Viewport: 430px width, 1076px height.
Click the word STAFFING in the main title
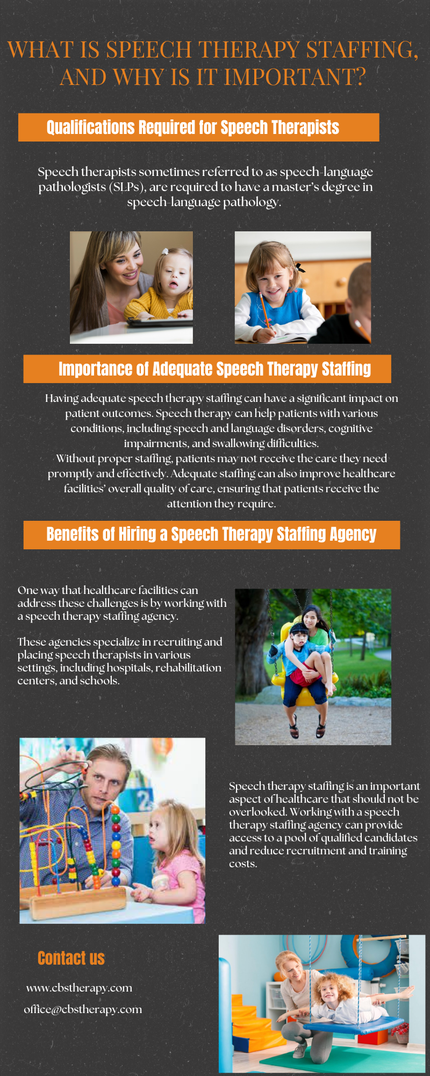pos(362,50)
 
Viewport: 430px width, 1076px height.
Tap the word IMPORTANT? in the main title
pos(295,77)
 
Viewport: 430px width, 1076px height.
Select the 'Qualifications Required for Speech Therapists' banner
pos(198,128)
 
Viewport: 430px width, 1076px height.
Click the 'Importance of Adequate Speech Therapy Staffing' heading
pos(214,369)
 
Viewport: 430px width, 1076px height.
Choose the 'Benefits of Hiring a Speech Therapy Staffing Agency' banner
pos(211,535)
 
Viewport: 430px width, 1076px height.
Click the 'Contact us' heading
pos(71,958)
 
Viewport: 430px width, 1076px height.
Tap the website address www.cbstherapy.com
pos(79,988)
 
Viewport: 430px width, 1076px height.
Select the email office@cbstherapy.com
pos(83,1009)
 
